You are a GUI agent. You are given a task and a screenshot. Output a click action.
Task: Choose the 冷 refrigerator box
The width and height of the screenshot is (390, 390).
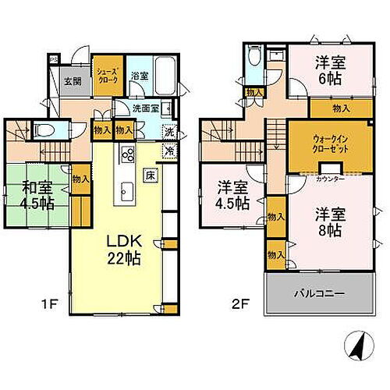point(169,152)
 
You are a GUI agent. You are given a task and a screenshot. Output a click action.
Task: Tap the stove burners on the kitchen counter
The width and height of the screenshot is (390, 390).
point(127,154)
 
